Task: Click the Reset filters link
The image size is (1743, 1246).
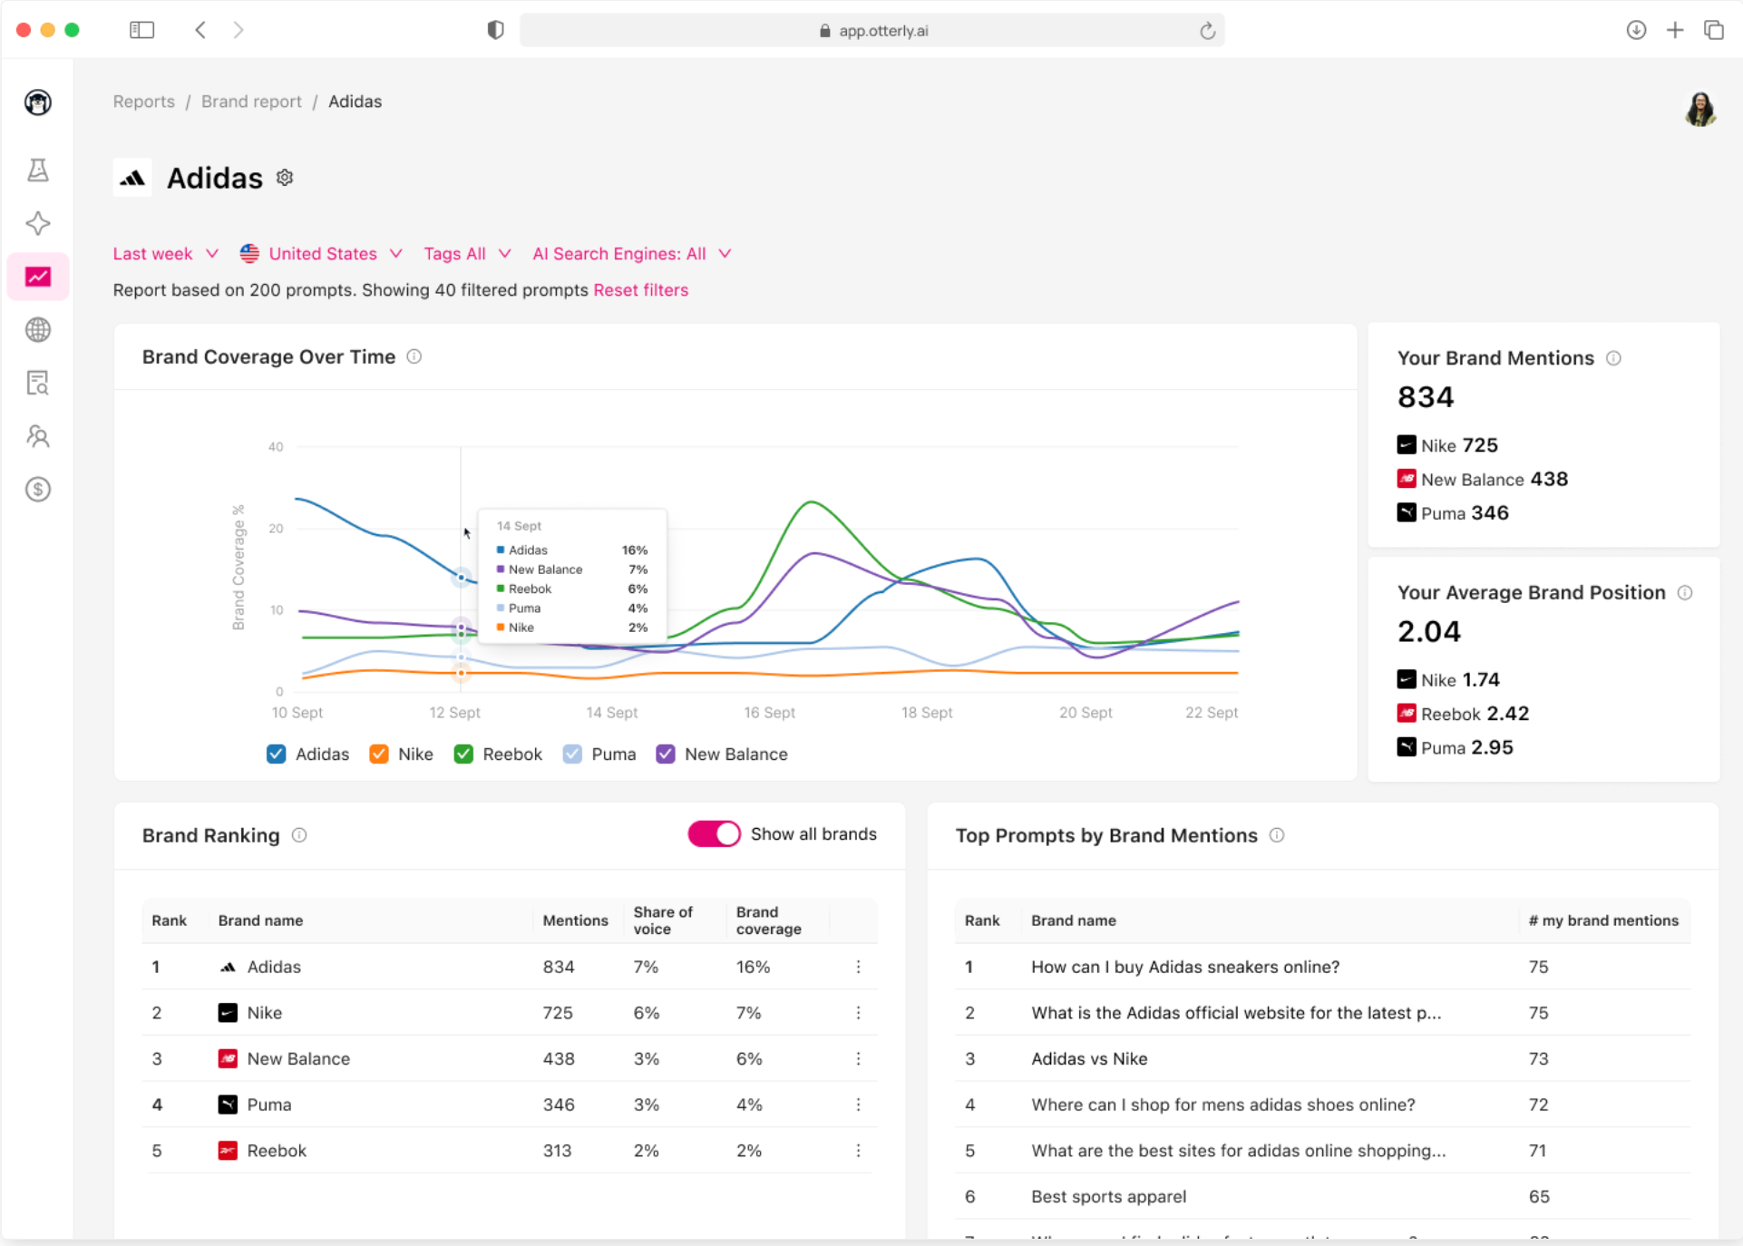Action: click(640, 290)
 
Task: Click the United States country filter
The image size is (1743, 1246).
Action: click(321, 254)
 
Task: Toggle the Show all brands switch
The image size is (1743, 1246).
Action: click(714, 834)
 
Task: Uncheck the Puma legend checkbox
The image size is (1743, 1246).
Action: click(572, 754)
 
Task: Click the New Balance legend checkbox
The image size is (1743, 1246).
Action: click(666, 754)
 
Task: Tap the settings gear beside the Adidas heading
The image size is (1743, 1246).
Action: click(285, 178)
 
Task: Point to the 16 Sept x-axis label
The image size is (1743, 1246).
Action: click(769, 713)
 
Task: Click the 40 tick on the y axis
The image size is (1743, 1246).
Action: click(276, 447)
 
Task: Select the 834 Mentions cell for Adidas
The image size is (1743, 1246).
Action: click(559, 967)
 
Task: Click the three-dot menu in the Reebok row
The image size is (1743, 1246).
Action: click(858, 1151)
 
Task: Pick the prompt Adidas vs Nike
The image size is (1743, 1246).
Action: click(1089, 1058)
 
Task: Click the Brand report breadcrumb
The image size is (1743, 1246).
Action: click(251, 102)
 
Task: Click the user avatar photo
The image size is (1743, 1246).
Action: click(1700, 110)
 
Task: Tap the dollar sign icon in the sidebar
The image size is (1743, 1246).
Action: click(38, 490)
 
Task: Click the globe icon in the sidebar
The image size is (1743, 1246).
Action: click(38, 330)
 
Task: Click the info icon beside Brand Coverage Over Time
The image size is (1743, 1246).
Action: click(414, 356)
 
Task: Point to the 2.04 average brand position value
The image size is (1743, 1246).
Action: click(1428, 631)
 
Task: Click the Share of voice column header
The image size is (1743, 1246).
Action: click(663, 920)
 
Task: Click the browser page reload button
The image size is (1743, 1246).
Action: click(1207, 31)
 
